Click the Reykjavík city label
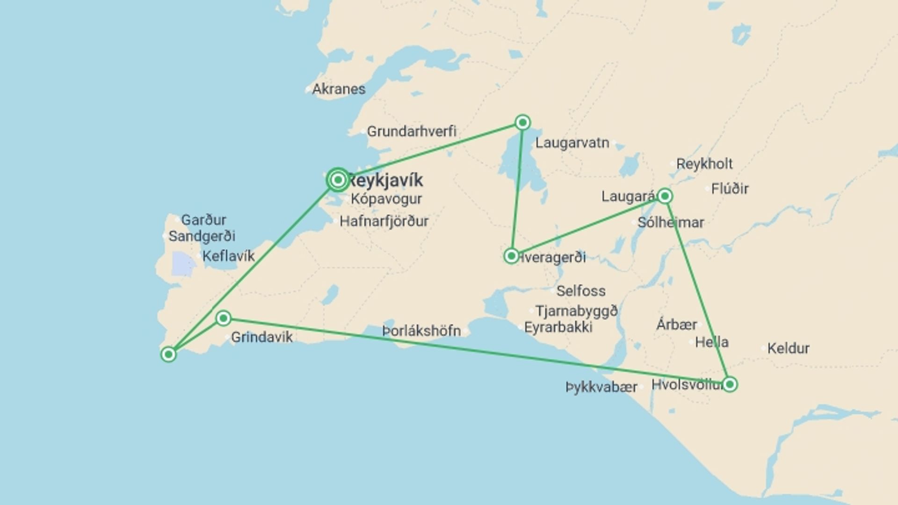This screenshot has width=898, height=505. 386,180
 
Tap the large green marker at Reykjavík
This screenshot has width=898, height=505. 338,180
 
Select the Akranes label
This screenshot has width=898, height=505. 339,89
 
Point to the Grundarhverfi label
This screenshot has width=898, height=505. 411,131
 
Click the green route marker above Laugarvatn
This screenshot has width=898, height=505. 522,123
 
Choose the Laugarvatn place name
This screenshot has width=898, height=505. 572,143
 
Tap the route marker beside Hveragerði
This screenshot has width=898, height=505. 512,256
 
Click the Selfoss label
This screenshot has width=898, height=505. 581,291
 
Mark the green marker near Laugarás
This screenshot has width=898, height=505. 665,196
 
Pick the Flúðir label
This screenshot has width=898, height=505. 730,189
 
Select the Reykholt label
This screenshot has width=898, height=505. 704,164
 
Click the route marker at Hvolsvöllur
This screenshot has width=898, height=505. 729,384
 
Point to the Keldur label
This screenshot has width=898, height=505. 788,348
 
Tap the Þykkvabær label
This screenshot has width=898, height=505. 601,387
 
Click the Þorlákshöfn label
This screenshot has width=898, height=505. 421,331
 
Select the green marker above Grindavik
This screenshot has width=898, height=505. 224,318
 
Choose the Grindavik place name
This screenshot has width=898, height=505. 262,337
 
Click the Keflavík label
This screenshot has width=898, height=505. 229,256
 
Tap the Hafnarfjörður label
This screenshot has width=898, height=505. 384,221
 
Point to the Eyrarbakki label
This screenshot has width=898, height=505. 558,327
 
